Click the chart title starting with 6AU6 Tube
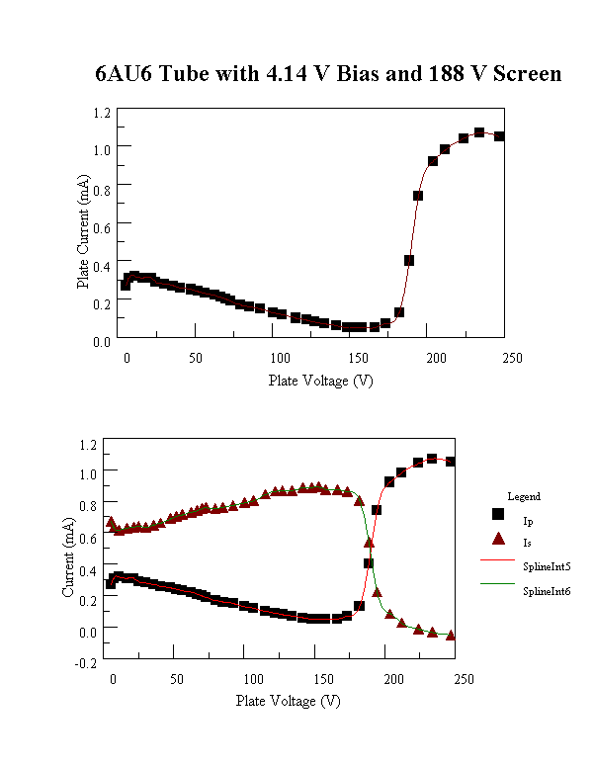coord(328,74)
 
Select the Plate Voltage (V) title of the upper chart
coord(321,381)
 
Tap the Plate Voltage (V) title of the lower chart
coord(289,700)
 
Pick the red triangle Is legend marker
coord(498,539)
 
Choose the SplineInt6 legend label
coord(547,591)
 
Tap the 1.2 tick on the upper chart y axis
coord(102,113)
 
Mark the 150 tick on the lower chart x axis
coord(323,679)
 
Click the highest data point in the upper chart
coord(479,132)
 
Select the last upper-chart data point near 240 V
coord(499,136)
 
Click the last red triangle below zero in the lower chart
coord(451,636)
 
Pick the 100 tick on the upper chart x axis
coord(278,358)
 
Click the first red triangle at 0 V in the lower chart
coord(111,522)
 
